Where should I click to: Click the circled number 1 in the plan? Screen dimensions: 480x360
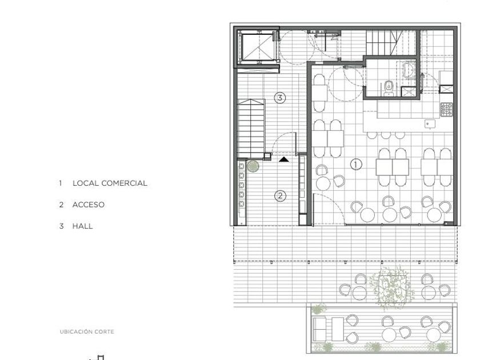[x=355, y=165]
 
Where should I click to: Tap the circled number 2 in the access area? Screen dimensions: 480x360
[x=280, y=195]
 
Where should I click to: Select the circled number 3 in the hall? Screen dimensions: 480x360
[x=280, y=98]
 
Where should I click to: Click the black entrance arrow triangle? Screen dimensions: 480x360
[x=284, y=159]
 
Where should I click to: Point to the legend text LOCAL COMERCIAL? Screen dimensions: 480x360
[x=110, y=183]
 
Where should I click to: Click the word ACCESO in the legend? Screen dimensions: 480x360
[x=89, y=205]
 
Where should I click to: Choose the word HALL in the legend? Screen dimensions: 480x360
[x=82, y=226]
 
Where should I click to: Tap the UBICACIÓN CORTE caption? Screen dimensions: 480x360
[x=87, y=331]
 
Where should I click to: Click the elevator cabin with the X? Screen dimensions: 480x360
[x=257, y=47]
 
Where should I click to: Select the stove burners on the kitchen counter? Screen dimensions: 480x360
[x=447, y=109]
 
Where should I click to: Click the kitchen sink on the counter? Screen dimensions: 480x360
[x=430, y=123]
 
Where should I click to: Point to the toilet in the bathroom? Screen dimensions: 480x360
[x=389, y=88]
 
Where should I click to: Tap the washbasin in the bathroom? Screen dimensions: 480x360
[x=409, y=69]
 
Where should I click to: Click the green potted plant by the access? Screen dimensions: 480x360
[x=253, y=166]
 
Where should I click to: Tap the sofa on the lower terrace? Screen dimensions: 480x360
[x=319, y=329]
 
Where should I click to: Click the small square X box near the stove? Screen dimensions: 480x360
[x=446, y=89]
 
